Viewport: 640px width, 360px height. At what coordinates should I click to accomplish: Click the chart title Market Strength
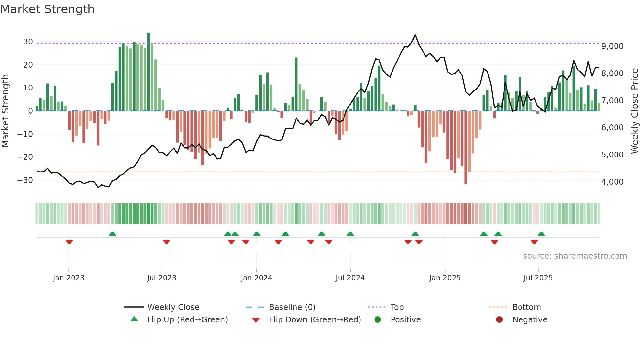[47, 9]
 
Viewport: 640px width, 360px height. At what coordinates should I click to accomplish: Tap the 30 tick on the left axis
[28, 42]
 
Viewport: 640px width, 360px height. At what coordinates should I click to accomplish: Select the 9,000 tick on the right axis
[612, 46]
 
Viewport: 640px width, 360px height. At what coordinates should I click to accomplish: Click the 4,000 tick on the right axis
[612, 182]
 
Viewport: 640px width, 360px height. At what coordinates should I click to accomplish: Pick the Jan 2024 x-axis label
[256, 278]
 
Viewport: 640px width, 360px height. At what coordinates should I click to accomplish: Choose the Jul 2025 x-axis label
[538, 278]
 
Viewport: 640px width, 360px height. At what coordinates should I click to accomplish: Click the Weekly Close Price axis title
[634, 111]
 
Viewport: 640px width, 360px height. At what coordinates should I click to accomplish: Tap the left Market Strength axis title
[5, 111]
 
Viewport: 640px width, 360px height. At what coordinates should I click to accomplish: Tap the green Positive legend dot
[378, 320]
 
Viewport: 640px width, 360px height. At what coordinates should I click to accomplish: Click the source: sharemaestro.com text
[575, 256]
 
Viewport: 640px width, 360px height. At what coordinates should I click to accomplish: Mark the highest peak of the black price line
[415, 35]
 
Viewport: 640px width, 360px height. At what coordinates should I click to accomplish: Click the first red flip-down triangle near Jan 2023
[69, 242]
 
